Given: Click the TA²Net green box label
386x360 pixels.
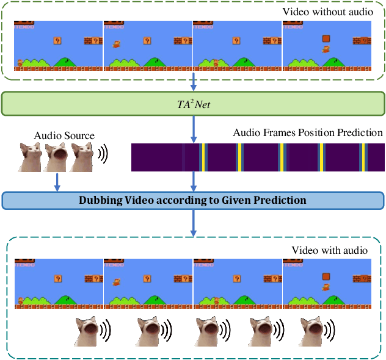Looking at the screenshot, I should [193, 103].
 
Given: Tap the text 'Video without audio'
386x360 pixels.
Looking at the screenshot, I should [327, 12].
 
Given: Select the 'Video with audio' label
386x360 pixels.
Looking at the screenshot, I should [329, 250].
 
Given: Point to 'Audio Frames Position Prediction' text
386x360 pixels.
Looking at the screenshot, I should [308, 132].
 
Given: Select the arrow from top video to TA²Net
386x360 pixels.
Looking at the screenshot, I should [194, 82].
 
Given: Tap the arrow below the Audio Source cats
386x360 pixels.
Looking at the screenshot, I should [57, 181].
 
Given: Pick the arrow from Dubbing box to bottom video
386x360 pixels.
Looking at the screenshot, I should [194, 223].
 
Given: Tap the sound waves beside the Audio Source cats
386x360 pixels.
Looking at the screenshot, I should [103, 156].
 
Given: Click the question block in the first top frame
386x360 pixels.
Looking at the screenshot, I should [57, 41].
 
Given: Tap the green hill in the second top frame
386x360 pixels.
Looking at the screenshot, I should [155, 62].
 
